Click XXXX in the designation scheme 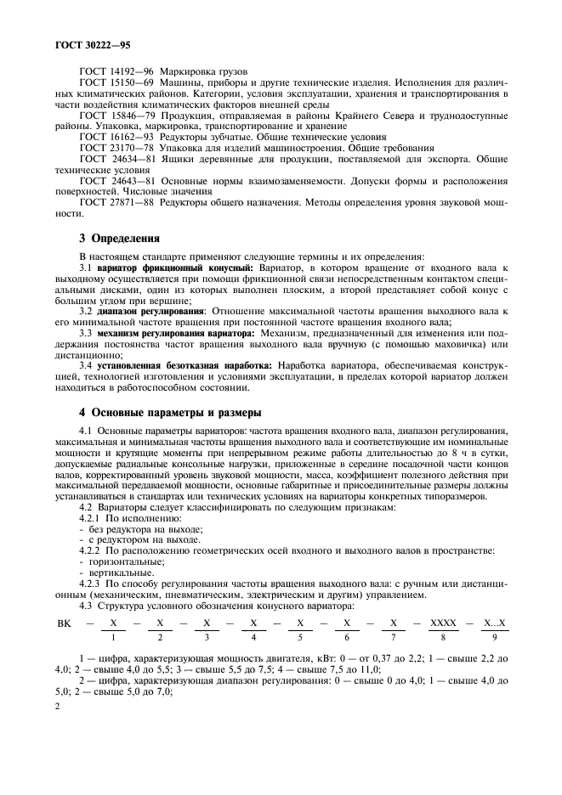pos(444,623)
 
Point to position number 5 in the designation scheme pos(299,637)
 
